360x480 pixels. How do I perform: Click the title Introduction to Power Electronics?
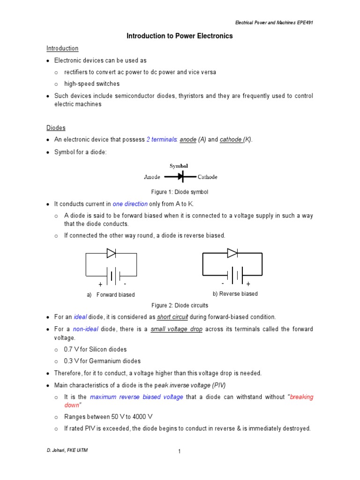pyautogui.click(x=180, y=36)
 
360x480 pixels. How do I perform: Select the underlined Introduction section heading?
pyautogui.click(x=62, y=48)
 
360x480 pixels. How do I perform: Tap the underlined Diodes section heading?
pyautogui.click(x=56, y=128)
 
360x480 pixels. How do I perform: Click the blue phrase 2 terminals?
pyautogui.click(x=161, y=140)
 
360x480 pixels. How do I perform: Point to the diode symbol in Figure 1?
pyautogui.click(x=181, y=177)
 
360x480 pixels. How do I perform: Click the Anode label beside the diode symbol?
pyautogui.click(x=152, y=177)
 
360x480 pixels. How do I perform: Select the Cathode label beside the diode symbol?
pyautogui.click(x=208, y=177)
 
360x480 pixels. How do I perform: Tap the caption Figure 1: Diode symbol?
pyautogui.click(x=180, y=192)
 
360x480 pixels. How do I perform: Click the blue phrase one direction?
pyautogui.click(x=130, y=204)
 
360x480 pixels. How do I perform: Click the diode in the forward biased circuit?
pyautogui.click(x=111, y=254)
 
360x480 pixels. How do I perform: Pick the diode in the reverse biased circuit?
pyautogui.click(x=232, y=253)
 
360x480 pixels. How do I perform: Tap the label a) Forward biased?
pyautogui.click(x=111, y=295)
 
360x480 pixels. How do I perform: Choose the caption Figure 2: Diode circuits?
pyautogui.click(x=180, y=306)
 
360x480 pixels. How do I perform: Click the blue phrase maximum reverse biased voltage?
pyautogui.click(x=136, y=397)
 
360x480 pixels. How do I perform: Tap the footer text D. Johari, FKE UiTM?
pyautogui.click(x=67, y=450)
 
